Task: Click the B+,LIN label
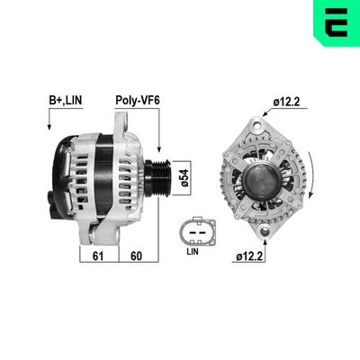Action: click(64, 100)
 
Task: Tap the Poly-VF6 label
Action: click(136, 100)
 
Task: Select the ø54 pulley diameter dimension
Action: click(184, 180)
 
